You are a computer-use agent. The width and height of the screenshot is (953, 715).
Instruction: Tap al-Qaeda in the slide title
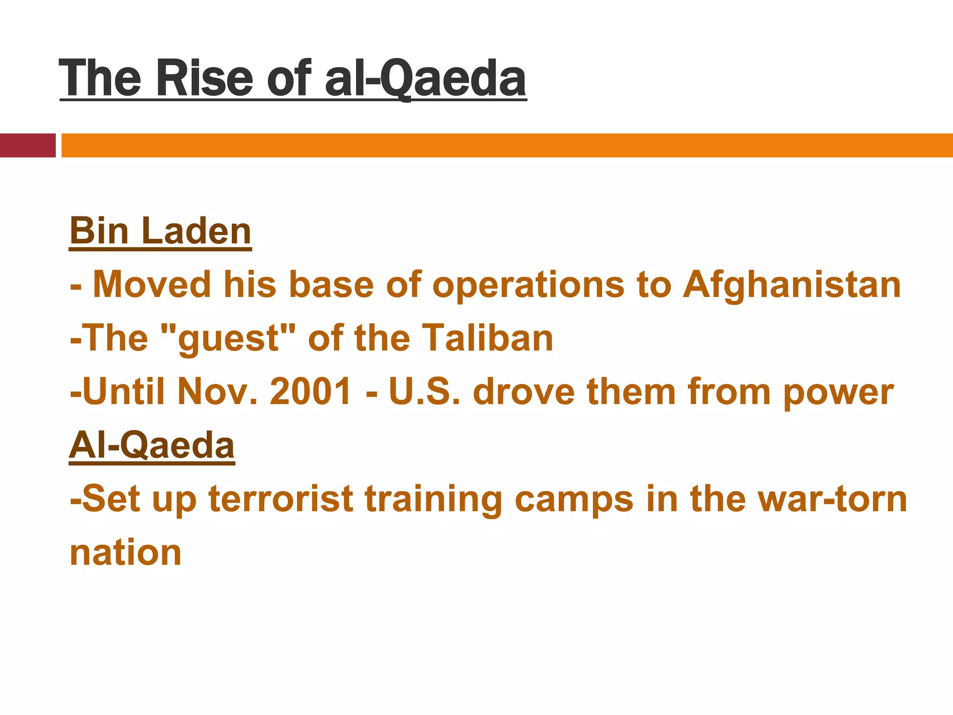tap(425, 78)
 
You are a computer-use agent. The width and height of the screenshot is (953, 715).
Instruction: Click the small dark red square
tap(27, 145)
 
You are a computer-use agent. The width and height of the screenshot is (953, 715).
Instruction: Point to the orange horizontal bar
tap(507, 145)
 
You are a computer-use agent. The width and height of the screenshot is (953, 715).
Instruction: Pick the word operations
tap(528, 284)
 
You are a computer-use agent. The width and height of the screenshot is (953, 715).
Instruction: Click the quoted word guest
tap(228, 338)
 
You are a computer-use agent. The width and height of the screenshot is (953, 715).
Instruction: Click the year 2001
tap(310, 392)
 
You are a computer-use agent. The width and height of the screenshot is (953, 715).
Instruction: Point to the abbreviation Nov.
tap(217, 392)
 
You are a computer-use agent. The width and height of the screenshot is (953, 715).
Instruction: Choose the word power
tap(838, 392)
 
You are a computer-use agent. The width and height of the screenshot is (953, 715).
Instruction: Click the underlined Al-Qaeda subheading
tap(152, 445)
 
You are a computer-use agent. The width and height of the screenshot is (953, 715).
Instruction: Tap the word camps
tap(574, 499)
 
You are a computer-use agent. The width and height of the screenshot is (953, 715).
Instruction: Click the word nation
tap(126, 553)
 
